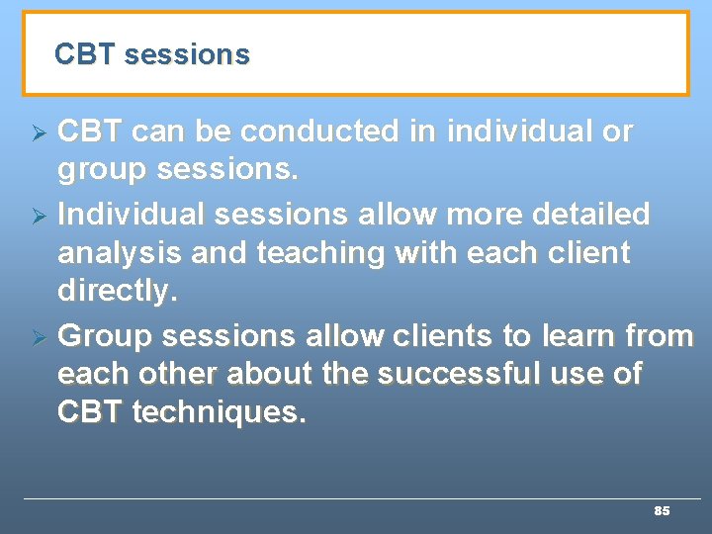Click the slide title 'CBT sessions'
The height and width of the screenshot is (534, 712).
152,54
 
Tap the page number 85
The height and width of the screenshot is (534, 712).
662,511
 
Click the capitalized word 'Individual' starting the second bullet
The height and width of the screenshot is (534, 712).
133,214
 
